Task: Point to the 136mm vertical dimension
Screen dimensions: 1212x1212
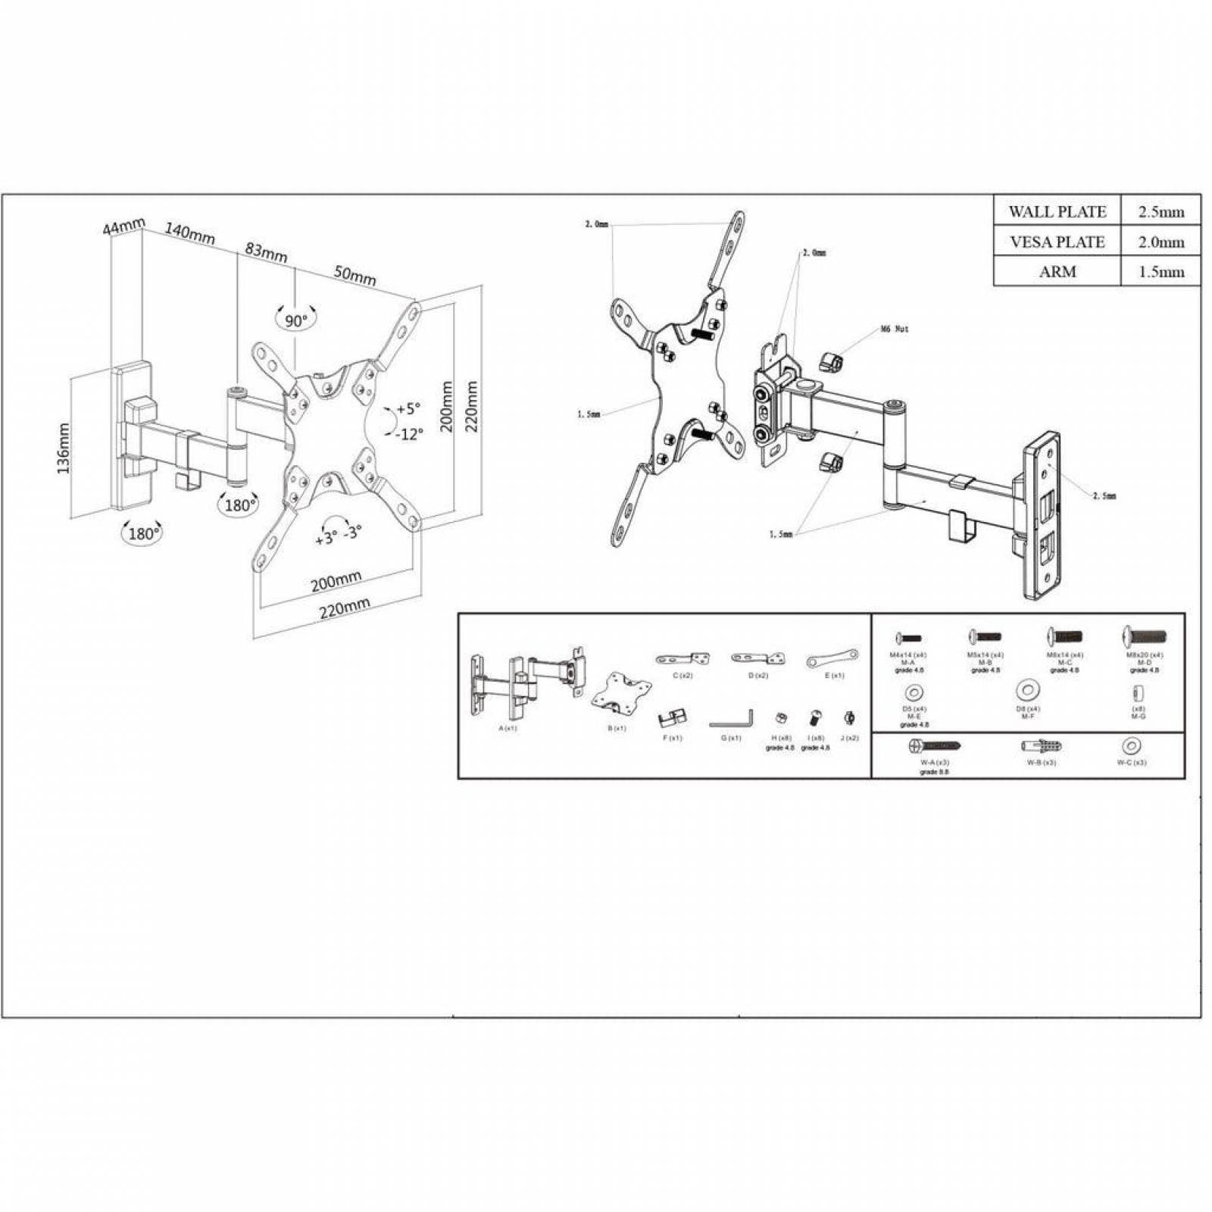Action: [64, 448]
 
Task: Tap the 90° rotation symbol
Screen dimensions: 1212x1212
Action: [296, 320]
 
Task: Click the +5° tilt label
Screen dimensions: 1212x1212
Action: [407, 409]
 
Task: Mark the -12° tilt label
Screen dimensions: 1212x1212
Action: [409, 433]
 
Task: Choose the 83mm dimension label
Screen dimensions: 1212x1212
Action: [265, 251]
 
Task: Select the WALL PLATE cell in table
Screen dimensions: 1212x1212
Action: [1057, 211]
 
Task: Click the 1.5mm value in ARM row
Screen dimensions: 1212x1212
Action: [1160, 272]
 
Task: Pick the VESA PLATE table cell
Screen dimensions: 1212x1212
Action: [1057, 242]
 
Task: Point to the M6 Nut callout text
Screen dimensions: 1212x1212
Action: [895, 330]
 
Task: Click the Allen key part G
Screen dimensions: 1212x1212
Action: [732, 719]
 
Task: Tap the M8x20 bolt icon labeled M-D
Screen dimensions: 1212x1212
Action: [1145, 636]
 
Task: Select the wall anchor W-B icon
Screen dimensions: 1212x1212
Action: [1042, 747]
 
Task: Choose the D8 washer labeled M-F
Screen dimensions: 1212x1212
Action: [1028, 690]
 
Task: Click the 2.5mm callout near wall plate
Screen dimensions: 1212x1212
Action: [1104, 496]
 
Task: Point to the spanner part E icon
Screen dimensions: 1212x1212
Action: [832, 658]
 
